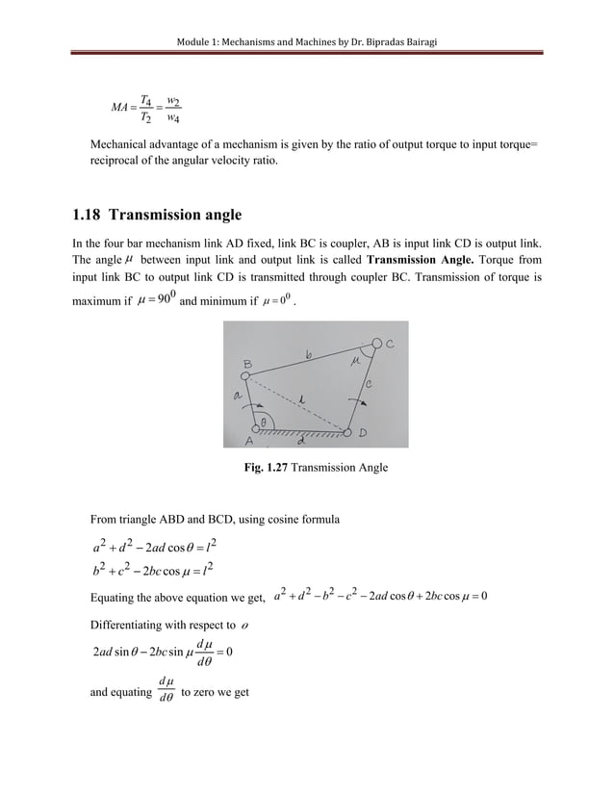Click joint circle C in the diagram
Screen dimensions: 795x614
pos(376,344)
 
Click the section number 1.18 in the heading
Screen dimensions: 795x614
pos(92,215)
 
